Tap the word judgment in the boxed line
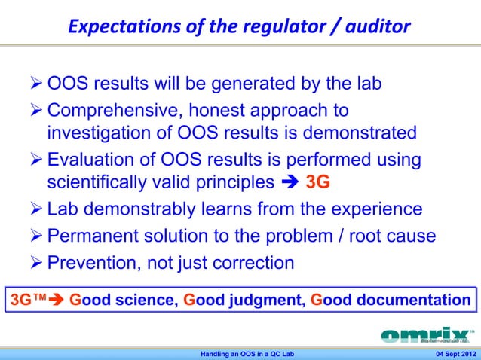[264, 301]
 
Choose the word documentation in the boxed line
[404, 301]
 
